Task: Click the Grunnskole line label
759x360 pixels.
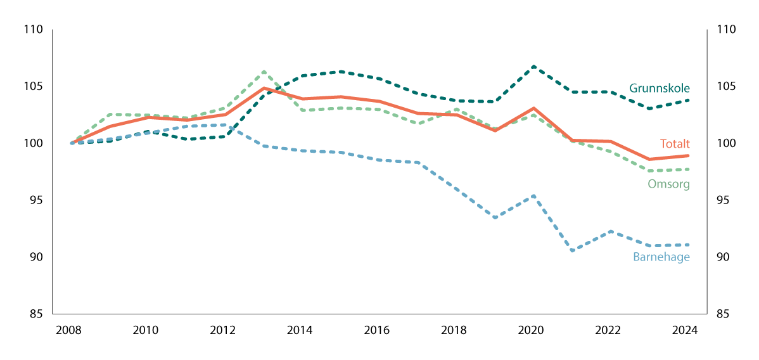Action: (659, 88)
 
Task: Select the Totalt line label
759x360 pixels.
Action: (674, 143)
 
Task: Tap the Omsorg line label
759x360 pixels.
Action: (668, 184)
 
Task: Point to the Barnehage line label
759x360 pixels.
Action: (661, 257)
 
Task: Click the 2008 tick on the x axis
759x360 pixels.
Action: (71, 330)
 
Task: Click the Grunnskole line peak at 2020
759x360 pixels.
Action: (533, 67)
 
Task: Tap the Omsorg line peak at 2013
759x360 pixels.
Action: (264, 72)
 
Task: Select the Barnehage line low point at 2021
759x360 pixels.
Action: (572, 251)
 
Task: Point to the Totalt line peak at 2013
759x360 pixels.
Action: (264, 88)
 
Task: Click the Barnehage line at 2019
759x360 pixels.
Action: (495, 217)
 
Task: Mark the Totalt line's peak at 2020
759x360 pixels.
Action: (533, 108)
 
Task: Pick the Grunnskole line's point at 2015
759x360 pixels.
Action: (341, 72)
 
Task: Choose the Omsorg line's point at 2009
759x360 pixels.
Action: (110, 114)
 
